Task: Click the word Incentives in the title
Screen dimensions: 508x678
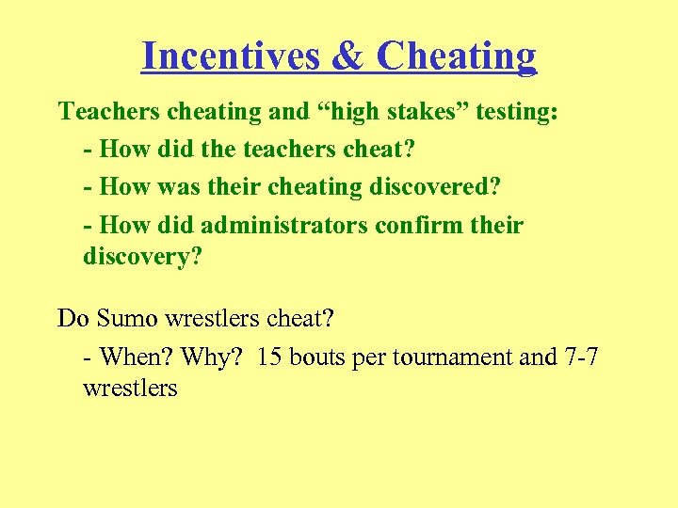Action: [233, 56]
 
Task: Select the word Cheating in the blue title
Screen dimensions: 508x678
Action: [457, 56]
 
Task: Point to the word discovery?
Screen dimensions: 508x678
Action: [143, 256]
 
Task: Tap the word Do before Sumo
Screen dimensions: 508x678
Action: [73, 319]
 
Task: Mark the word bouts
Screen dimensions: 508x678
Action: [316, 357]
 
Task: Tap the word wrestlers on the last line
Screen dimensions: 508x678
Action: [130, 388]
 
